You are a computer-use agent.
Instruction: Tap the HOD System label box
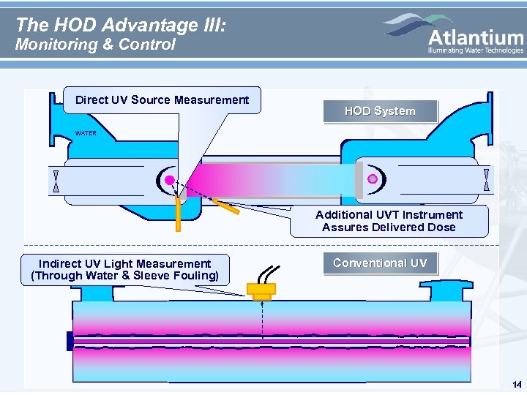click(380, 111)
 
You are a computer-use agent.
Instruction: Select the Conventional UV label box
click(380, 263)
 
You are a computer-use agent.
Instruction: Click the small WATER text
click(86, 134)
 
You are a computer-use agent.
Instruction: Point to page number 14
click(517, 385)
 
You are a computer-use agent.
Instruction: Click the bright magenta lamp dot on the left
click(169, 180)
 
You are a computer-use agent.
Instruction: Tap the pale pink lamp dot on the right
click(372, 179)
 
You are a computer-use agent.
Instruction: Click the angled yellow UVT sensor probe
click(227, 206)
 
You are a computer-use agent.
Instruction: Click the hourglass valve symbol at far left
click(56, 181)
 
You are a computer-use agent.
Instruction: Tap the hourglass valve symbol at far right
click(486, 180)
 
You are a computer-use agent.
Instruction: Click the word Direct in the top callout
click(91, 100)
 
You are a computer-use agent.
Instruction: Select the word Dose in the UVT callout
click(441, 227)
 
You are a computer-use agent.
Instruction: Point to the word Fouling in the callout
click(194, 276)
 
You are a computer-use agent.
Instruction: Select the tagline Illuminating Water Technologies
click(476, 50)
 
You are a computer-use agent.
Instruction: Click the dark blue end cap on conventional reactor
click(70, 341)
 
